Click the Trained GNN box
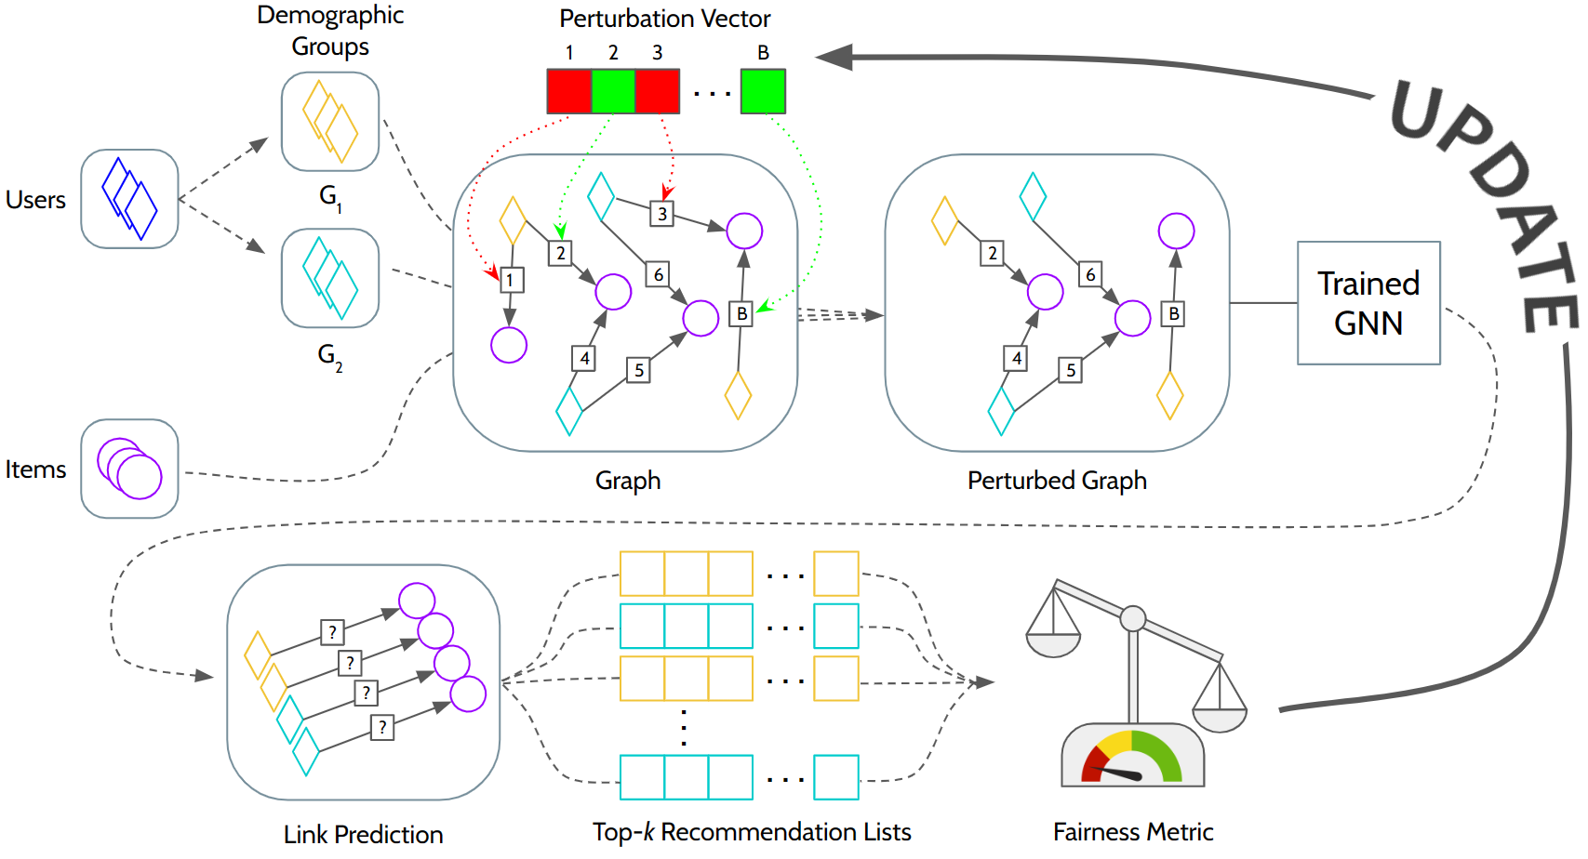click(1368, 303)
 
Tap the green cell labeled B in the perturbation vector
click(763, 91)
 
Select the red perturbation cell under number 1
click(569, 91)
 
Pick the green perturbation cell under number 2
click(613, 91)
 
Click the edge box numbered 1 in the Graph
click(511, 280)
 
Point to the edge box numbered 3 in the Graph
click(661, 214)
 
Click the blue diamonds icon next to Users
click(129, 199)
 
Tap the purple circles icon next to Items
click(129, 469)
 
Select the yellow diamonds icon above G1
click(330, 122)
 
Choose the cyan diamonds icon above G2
click(330, 278)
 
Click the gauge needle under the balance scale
click(1121, 773)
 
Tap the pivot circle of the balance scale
click(1132, 618)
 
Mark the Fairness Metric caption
click(1133, 832)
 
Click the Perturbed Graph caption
click(1057, 481)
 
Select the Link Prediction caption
click(363, 835)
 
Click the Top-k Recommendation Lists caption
click(752, 832)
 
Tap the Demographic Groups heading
click(330, 31)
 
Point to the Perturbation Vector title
click(664, 19)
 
